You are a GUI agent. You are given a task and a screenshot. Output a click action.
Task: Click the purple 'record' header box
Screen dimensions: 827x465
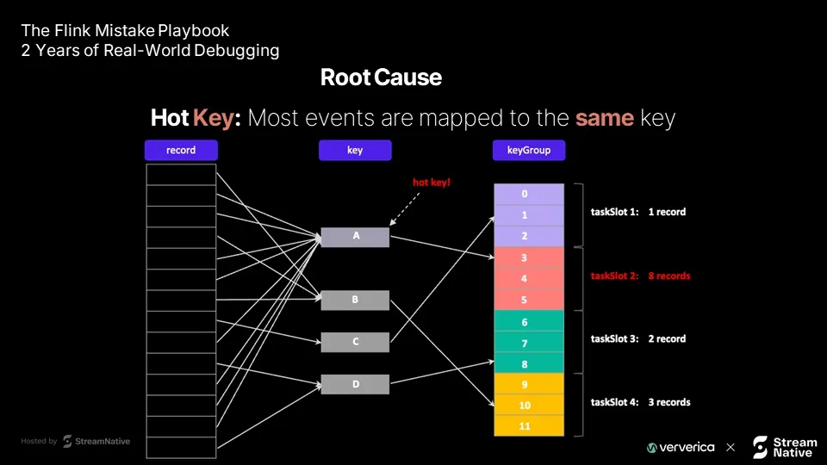[x=181, y=150]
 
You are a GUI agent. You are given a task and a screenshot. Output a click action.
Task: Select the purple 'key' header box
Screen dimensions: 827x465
[x=355, y=150]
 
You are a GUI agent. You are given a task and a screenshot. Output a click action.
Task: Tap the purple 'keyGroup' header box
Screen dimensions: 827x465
[x=529, y=150]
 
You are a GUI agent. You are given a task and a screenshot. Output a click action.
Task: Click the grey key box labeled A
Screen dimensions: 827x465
[x=355, y=237]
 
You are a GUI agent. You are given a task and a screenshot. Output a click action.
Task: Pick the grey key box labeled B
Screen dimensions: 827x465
[x=355, y=300]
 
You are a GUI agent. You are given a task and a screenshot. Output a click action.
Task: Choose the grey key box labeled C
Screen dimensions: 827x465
[x=355, y=342]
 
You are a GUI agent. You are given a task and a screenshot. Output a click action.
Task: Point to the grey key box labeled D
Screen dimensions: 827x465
[x=355, y=384]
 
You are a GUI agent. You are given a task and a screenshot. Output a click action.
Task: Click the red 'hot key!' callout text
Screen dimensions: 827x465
[x=432, y=183]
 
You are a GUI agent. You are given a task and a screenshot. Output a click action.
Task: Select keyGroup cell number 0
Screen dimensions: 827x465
[x=529, y=194]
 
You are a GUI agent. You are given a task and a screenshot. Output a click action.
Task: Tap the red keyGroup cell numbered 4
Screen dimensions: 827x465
[x=529, y=278]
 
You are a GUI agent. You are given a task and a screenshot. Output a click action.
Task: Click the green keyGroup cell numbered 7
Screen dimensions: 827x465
[x=529, y=343]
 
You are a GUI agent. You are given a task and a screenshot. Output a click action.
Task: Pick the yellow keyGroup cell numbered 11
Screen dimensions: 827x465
[x=529, y=426]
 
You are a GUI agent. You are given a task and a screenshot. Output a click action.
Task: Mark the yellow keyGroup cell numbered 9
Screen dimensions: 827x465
[x=529, y=384]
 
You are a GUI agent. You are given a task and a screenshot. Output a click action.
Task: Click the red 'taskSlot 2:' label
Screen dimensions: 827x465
[x=614, y=276]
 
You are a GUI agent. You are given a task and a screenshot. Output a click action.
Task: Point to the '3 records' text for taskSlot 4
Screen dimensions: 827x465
[x=669, y=402]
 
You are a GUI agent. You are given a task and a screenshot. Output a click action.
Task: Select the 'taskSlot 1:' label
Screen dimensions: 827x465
[x=614, y=212]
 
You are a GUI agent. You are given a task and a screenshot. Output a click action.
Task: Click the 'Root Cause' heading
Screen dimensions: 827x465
[x=381, y=77]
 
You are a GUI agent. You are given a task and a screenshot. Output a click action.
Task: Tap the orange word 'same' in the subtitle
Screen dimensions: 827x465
[x=605, y=118]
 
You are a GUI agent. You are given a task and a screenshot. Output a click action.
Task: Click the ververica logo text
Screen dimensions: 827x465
[x=681, y=448]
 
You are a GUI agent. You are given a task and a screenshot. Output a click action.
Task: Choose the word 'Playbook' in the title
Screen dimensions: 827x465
[x=194, y=31]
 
